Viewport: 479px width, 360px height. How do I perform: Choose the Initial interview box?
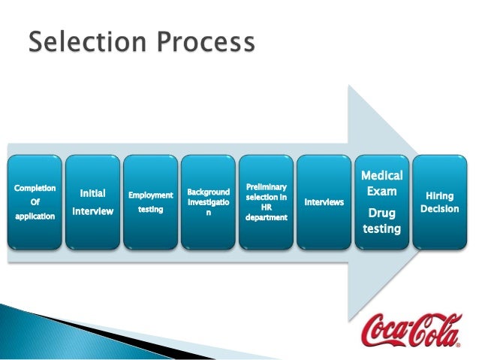click(x=92, y=202)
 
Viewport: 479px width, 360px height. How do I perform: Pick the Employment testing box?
click(x=150, y=202)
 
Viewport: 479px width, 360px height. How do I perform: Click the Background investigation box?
click(x=208, y=202)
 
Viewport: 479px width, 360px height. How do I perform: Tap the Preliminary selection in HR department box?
click(x=266, y=202)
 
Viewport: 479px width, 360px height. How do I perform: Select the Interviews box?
click(x=324, y=202)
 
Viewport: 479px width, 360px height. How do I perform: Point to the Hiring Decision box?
click(x=439, y=202)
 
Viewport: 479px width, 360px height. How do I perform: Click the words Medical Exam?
click(x=382, y=183)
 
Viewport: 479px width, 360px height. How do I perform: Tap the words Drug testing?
click(x=382, y=221)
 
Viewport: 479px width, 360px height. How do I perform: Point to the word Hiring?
click(x=439, y=195)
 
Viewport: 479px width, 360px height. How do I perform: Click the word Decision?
click(x=439, y=208)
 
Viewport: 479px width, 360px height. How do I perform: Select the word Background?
click(x=208, y=193)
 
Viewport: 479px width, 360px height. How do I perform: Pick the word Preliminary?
click(x=266, y=186)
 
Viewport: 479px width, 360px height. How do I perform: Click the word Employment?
click(x=150, y=195)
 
